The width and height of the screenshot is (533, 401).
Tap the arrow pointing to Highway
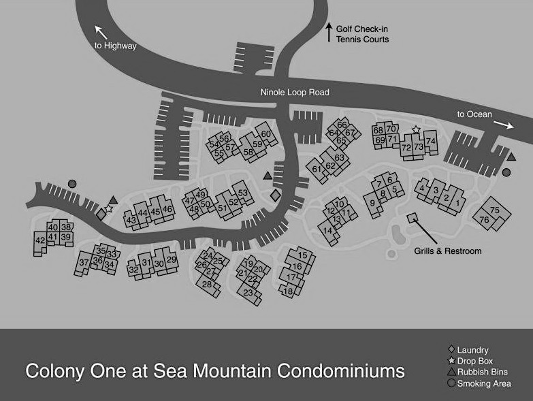pos(101,31)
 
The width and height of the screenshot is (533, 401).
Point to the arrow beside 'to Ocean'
pos(504,124)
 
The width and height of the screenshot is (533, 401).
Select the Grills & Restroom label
pos(447,251)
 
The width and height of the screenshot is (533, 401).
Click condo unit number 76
pos(485,220)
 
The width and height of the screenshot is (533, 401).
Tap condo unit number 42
pos(39,240)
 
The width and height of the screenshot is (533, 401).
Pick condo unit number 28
pos(207,284)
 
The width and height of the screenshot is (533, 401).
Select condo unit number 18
pos(289,291)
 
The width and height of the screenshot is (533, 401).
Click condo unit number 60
pos(265,133)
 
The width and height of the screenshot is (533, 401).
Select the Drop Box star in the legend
pos(451,361)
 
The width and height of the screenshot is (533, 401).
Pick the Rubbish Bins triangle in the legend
pos(451,372)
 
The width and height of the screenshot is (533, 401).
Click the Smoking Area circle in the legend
pos(451,383)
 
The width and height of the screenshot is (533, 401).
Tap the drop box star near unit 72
pos(416,129)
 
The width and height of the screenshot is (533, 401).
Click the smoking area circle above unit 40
pos(72,183)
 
